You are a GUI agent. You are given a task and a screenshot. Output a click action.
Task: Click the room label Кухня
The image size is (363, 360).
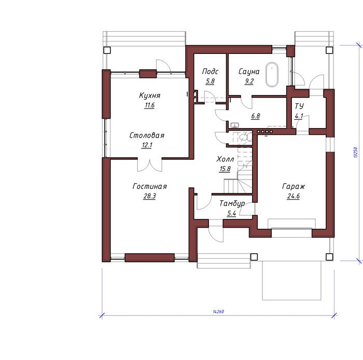coord(150,95)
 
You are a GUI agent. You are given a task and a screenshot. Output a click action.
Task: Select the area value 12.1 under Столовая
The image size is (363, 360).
coord(147,145)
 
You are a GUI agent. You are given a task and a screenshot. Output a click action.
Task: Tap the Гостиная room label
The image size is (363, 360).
coord(149,186)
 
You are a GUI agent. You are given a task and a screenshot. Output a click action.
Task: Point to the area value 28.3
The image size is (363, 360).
coord(149,196)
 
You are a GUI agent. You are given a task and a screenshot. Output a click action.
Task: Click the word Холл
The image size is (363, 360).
coord(225,159)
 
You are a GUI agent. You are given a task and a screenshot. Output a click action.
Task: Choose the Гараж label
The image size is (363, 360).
coord(294,186)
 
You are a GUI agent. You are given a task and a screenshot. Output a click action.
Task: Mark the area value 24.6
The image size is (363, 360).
coord(294,196)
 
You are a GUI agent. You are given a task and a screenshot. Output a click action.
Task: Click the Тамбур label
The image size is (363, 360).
coord(232,203)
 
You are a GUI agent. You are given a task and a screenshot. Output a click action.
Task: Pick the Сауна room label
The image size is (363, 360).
coord(249,72)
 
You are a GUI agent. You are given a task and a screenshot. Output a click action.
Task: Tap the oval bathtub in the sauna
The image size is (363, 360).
coord(272,74)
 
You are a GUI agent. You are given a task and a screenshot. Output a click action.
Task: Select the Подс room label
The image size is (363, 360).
coord(210,71)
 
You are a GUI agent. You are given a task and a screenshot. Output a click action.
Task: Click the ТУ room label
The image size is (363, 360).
coord(299,106)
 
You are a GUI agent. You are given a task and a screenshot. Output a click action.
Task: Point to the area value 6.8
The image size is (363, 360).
coord(255,116)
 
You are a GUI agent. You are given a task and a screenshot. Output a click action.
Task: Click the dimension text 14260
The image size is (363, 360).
coord(218,312)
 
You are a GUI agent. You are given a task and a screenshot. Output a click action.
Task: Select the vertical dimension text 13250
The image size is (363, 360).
coord(356,153)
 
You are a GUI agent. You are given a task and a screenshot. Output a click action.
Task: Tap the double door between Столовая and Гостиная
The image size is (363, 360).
coord(150,165)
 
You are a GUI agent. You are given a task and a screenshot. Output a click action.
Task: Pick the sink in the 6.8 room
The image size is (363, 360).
coord(234,125)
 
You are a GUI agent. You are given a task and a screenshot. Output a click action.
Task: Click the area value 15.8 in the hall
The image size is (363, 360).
coord(225,169)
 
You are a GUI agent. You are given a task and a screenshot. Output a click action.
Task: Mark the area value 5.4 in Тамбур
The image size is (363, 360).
coord(231,213)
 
